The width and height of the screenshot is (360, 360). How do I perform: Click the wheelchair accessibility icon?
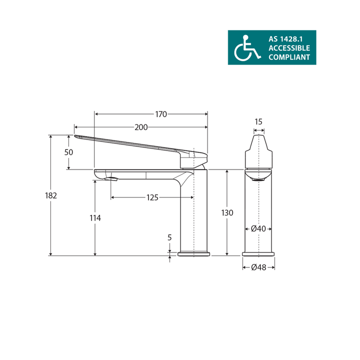(246, 48)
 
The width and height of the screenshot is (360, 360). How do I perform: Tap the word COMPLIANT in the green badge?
(289, 57)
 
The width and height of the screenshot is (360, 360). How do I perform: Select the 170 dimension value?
(160, 114)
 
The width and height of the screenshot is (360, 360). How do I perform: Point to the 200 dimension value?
(141, 127)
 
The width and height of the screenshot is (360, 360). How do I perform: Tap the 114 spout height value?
(95, 218)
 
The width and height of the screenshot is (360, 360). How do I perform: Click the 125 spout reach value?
(152, 197)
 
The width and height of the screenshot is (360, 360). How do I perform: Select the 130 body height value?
(227, 213)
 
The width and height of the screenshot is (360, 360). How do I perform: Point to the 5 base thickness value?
(170, 237)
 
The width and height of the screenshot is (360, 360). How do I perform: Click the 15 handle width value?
(258, 121)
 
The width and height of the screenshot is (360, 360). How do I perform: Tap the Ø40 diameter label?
(258, 228)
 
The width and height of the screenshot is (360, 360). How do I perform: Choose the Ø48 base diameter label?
(258, 267)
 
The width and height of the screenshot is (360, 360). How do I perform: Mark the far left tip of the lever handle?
(75, 136)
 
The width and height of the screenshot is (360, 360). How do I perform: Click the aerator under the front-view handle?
(258, 176)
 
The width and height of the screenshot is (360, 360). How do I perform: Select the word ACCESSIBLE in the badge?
(289, 48)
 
